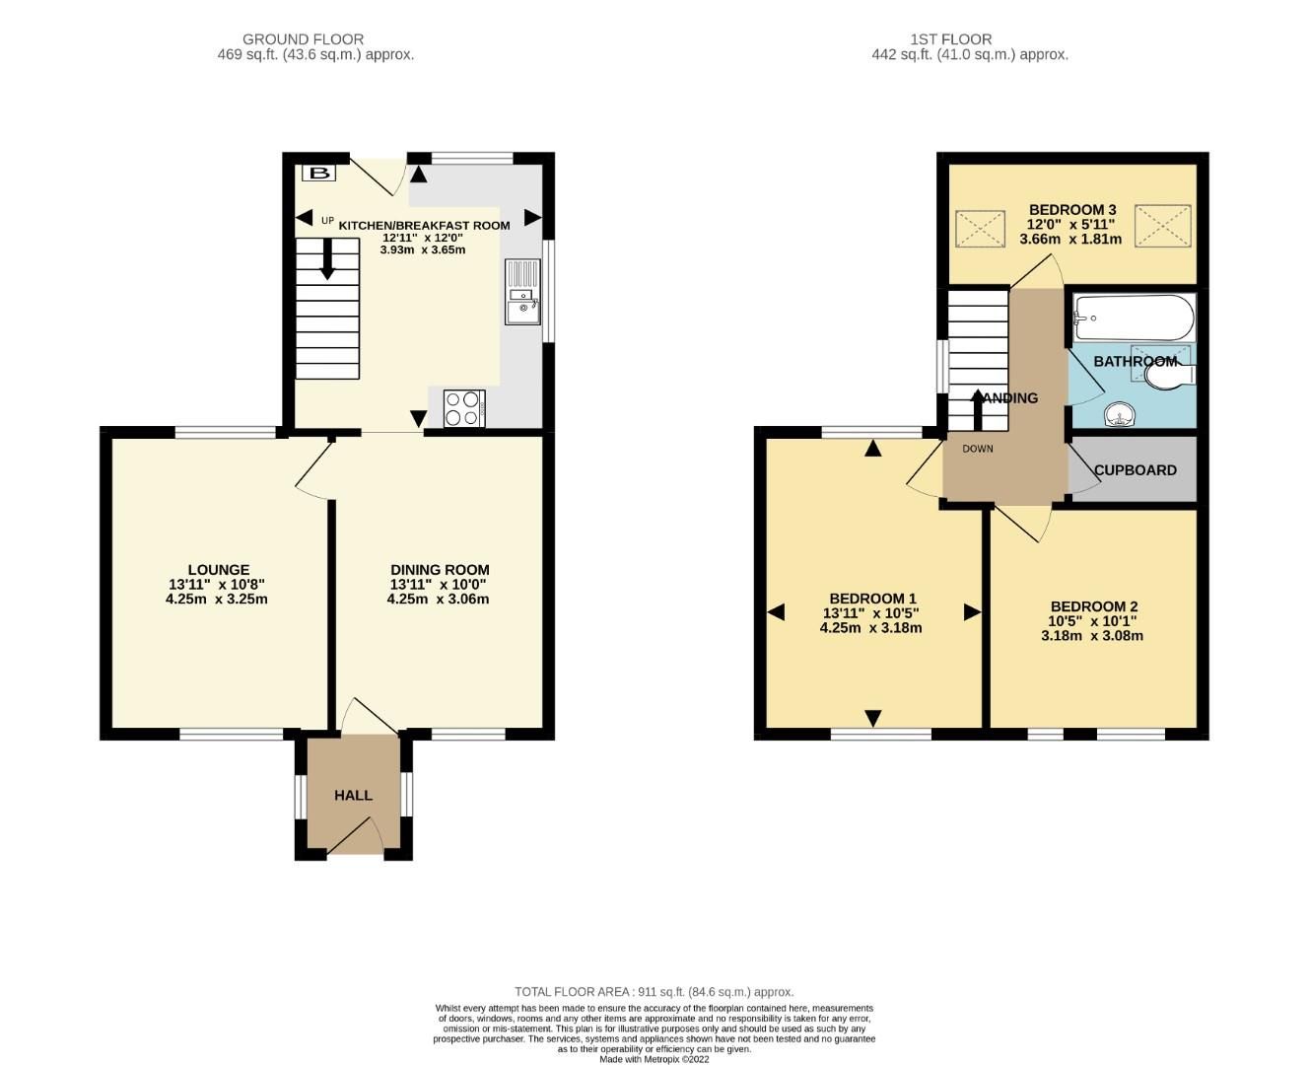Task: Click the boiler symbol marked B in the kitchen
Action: click(x=317, y=174)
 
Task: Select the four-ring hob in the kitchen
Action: click(x=464, y=409)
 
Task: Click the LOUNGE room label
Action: click(x=218, y=570)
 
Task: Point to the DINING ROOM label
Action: click(x=440, y=570)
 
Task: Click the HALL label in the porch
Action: click(x=353, y=795)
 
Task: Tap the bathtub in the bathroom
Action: click(x=1134, y=318)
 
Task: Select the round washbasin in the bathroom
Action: click(x=1119, y=415)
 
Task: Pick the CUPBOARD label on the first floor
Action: click(x=1135, y=470)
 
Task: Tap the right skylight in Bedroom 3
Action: click(x=1162, y=226)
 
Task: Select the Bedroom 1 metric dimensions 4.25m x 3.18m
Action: click(x=871, y=627)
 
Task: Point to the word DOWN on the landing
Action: click(x=978, y=449)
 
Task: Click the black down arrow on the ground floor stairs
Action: click(x=327, y=260)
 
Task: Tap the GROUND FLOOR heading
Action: click(x=303, y=39)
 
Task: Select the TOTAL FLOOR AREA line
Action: click(x=654, y=992)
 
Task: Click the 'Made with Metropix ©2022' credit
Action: click(x=654, y=1059)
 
